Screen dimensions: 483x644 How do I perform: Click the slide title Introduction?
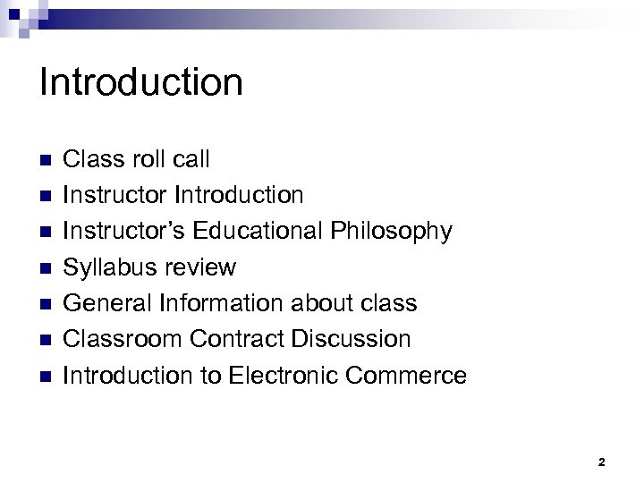pyautogui.click(x=141, y=82)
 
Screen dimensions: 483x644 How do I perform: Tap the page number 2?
pyautogui.click(x=601, y=462)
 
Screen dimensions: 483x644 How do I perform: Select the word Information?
pyautogui.click(x=225, y=302)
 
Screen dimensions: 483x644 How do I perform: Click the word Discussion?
pyautogui.click(x=356, y=338)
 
